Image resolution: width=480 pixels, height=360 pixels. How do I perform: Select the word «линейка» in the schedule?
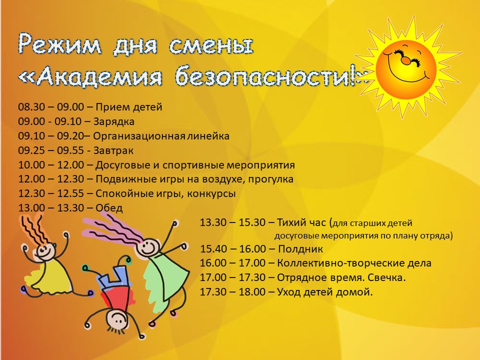click(209, 136)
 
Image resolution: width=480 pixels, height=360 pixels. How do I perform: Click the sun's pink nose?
click(405, 61)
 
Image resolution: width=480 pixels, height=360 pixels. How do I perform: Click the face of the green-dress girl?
click(149, 246)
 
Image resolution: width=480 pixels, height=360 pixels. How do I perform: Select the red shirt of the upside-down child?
click(115, 297)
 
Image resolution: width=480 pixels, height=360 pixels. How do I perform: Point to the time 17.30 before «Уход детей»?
click(213, 292)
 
